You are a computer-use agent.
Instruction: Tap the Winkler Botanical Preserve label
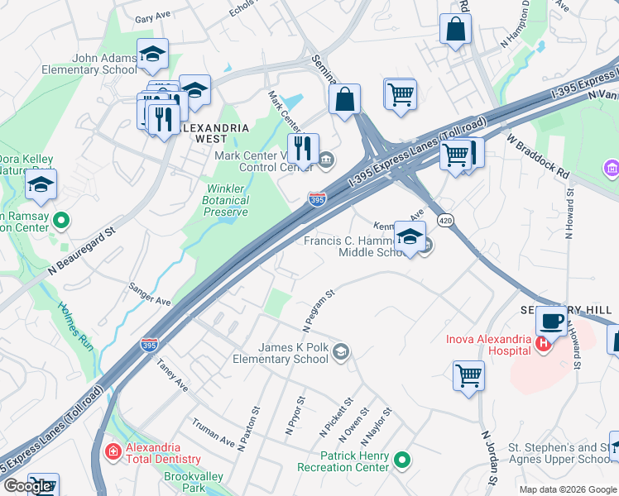pyautogui.click(x=226, y=200)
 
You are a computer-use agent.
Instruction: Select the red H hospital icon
pyautogui.click(x=543, y=344)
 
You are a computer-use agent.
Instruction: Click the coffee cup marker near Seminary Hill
pyautogui.click(x=551, y=321)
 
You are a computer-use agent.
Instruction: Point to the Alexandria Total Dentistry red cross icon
pyautogui.click(x=113, y=451)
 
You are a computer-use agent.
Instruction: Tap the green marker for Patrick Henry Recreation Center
pyautogui.click(x=402, y=459)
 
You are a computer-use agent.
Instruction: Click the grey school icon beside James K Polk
pyautogui.click(x=339, y=354)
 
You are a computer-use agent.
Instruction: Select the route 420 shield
pyautogui.click(x=444, y=221)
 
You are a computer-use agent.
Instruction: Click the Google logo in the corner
pyautogui.click(x=27, y=486)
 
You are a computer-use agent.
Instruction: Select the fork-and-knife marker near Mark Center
pyautogui.click(x=304, y=149)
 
